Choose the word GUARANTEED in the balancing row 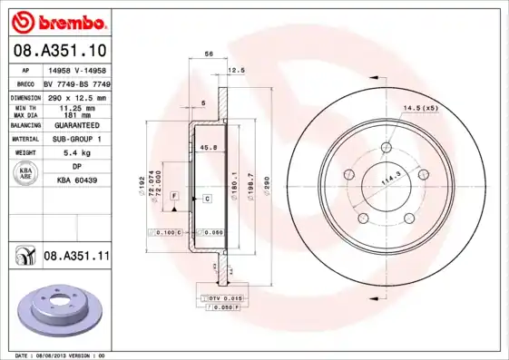(x=76, y=125)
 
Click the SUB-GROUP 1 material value (x=76, y=139)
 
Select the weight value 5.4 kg (x=76, y=153)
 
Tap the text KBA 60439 (x=76, y=180)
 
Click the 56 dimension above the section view (x=209, y=55)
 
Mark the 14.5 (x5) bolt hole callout (x=420, y=108)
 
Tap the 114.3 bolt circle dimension (x=390, y=180)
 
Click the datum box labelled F (x=173, y=197)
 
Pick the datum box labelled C (x=207, y=198)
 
